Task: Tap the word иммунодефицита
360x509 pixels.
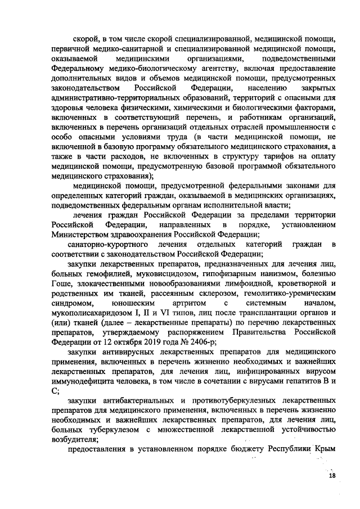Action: (x=88, y=380)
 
